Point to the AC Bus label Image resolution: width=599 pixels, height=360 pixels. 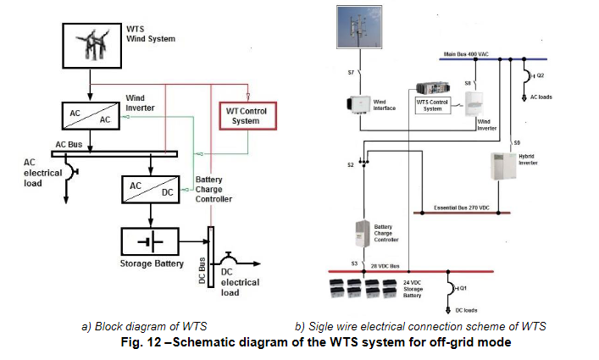pos(71,144)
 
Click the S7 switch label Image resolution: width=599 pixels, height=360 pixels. pos(351,73)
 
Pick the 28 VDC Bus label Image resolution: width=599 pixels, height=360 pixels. pos(385,264)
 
